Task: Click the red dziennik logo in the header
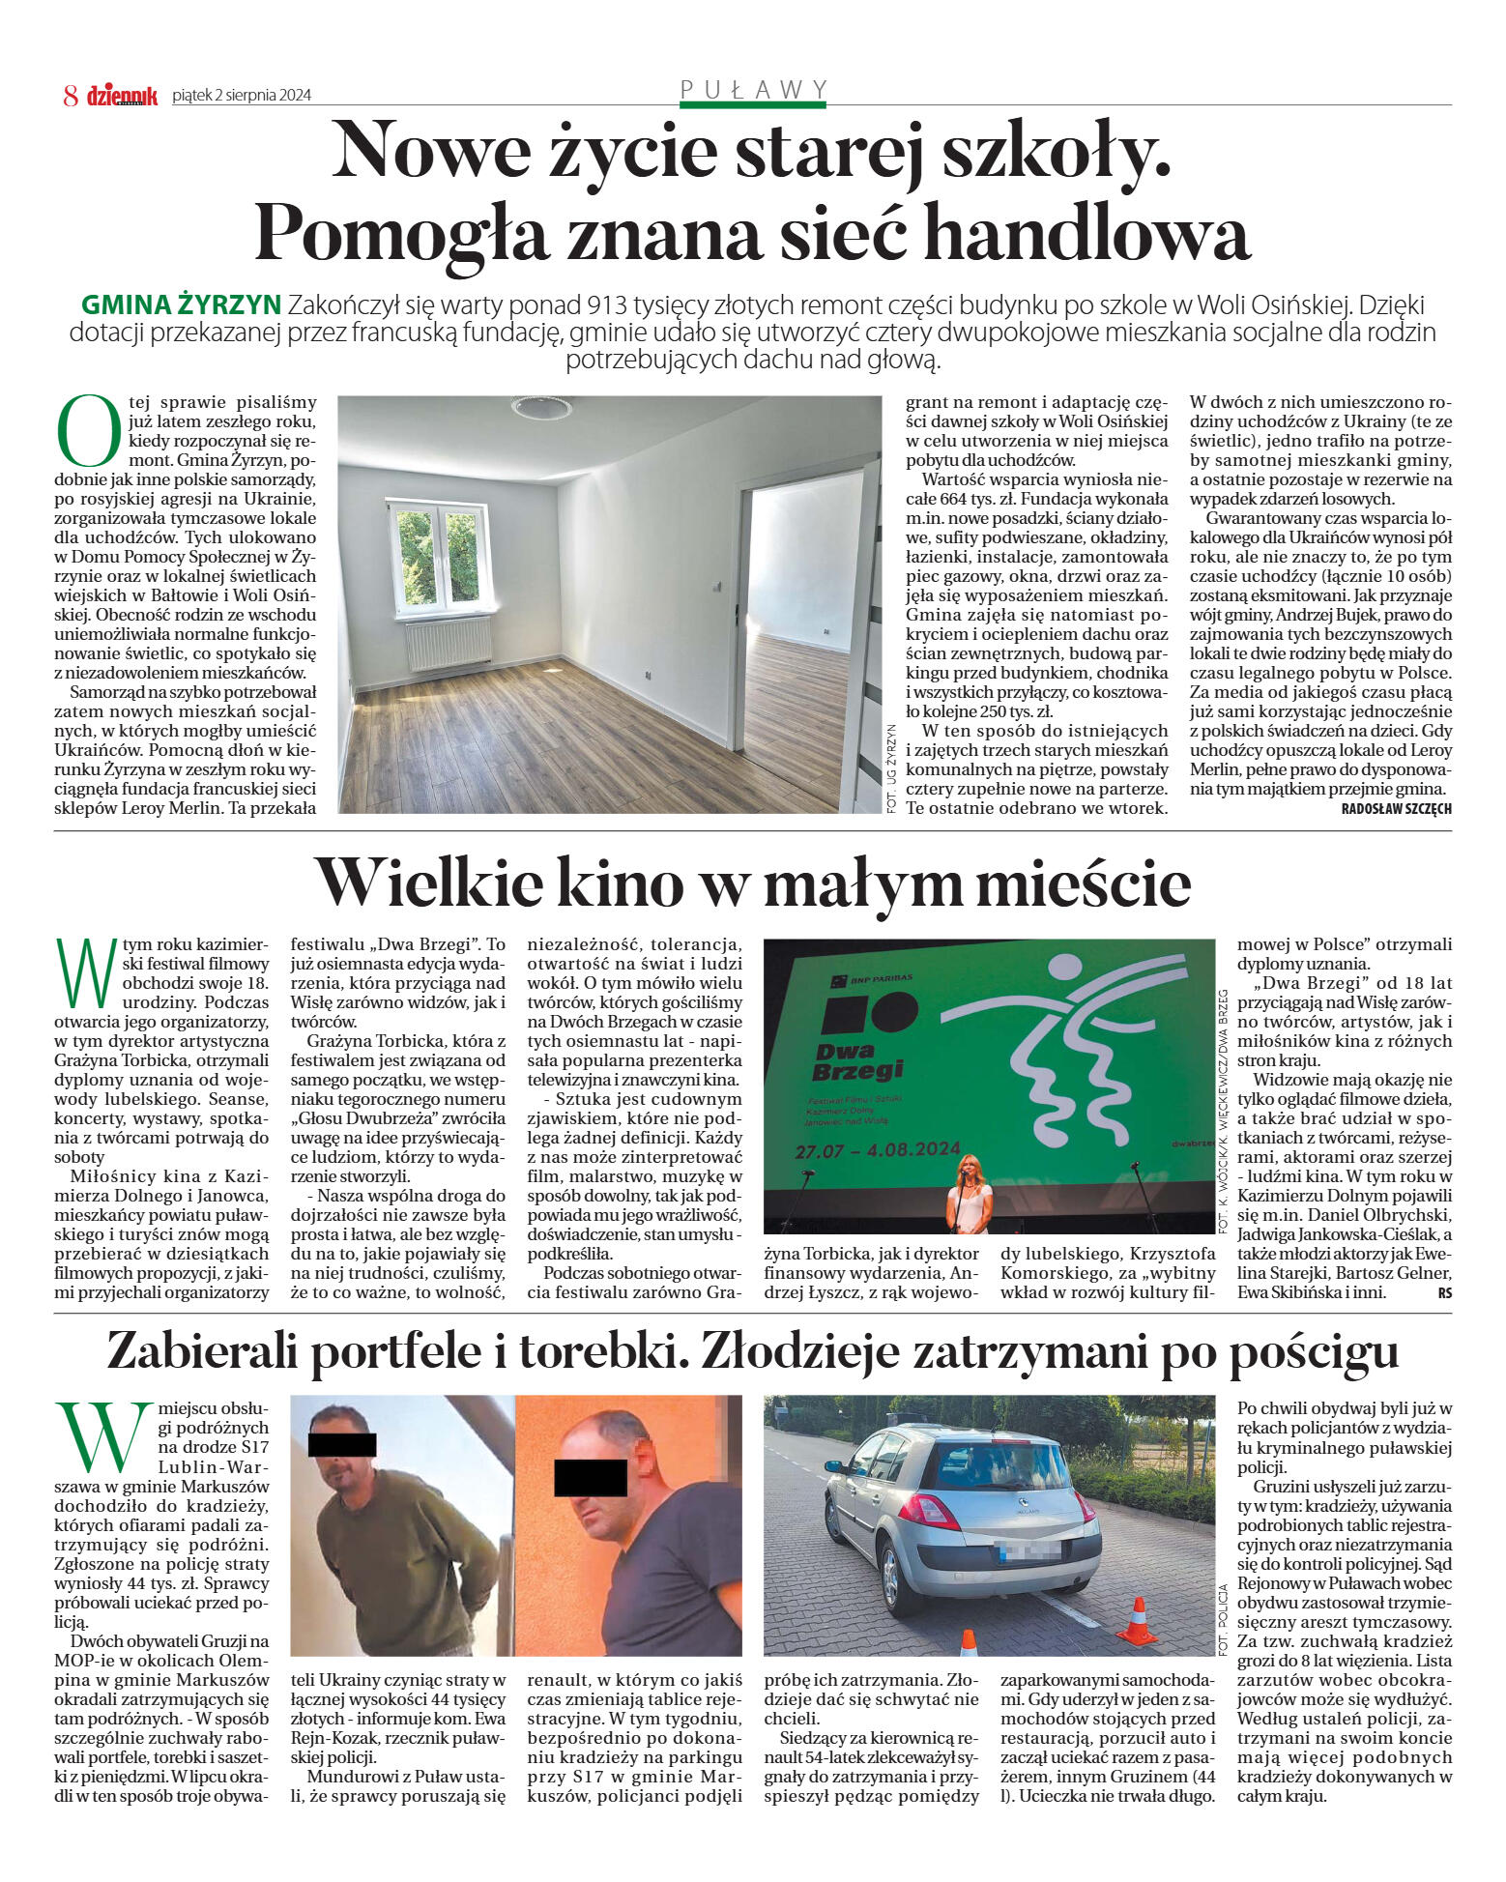click(x=122, y=95)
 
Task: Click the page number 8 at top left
click(x=70, y=95)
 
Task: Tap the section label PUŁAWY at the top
click(x=754, y=89)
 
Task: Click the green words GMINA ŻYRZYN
click(x=181, y=305)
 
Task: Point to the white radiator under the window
click(x=449, y=644)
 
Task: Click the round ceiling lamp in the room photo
click(x=541, y=407)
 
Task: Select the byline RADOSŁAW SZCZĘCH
click(x=1396, y=808)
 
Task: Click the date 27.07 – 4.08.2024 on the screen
click(x=877, y=1150)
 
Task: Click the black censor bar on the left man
click(x=341, y=1444)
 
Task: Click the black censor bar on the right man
click(x=590, y=1477)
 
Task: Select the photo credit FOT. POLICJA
click(x=1223, y=1619)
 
